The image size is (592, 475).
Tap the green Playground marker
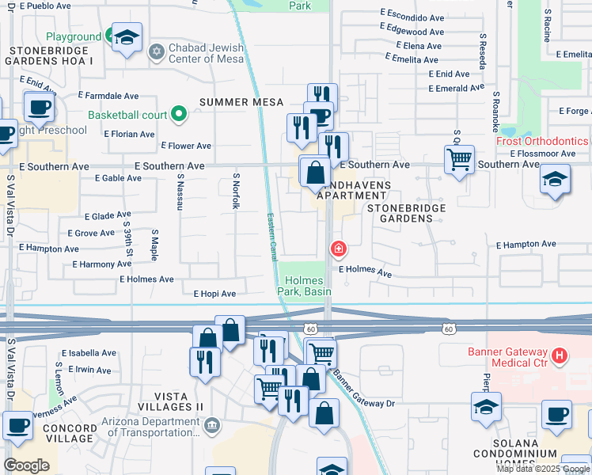[108, 36]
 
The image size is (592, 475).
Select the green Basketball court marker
[179, 115]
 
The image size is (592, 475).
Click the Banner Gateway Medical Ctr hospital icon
[560, 355]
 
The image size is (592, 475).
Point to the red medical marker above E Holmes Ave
[339, 250]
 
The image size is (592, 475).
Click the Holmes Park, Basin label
[305, 286]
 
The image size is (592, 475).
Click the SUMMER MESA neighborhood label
[239, 102]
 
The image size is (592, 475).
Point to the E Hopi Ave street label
[214, 294]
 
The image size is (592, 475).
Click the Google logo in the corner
[26, 465]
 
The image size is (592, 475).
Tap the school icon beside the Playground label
[127, 37]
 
